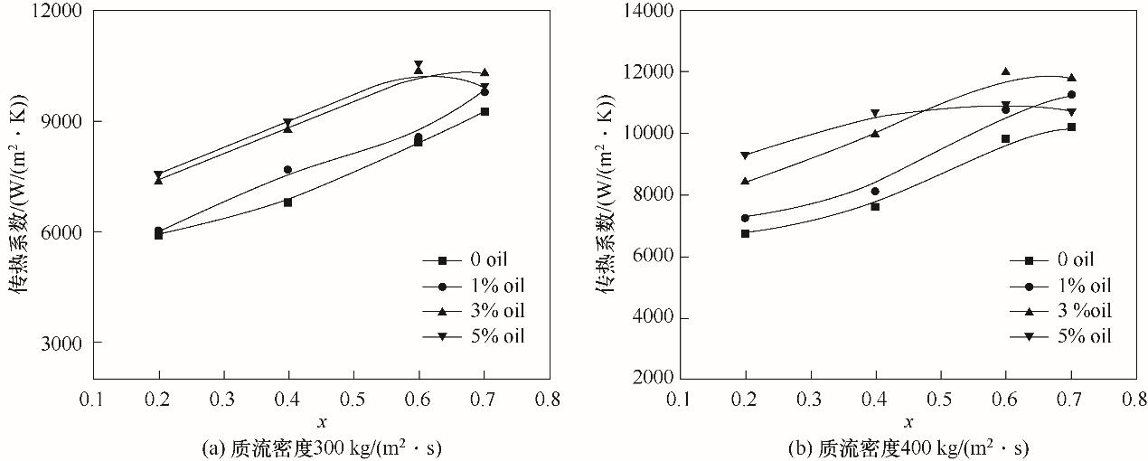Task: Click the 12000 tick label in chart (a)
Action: (x=60, y=12)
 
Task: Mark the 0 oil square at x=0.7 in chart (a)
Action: (x=485, y=111)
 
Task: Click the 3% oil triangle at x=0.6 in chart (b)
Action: (x=1005, y=71)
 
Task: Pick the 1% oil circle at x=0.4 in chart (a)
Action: (x=287, y=169)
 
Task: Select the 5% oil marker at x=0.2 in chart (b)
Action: (x=745, y=155)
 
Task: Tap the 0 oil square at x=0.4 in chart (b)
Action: (x=875, y=206)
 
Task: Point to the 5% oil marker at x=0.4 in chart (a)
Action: (x=287, y=122)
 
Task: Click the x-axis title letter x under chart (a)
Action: (x=321, y=422)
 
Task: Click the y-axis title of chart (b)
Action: (x=603, y=194)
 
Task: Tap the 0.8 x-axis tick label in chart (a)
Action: (x=549, y=399)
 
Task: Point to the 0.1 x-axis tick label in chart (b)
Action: (x=680, y=399)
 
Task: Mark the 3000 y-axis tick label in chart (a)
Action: (x=63, y=343)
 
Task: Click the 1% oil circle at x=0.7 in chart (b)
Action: (x=1071, y=95)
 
